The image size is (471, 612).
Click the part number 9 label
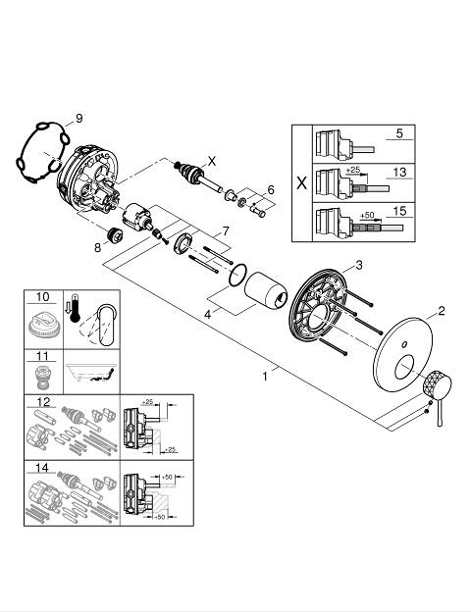79,118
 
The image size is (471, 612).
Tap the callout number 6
271,190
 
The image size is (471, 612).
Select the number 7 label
226,231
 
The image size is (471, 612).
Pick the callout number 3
359,265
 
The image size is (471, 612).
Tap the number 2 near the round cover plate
442,311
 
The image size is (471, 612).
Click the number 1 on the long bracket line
265,377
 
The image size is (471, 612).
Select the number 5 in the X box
399,133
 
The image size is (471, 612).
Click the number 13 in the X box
399,173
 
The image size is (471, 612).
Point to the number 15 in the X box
399,211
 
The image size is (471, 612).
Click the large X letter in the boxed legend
302,182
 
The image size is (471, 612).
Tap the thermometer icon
74,309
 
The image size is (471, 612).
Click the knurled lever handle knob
437,383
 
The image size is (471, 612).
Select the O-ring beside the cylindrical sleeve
237,276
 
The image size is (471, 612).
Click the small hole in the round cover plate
405,345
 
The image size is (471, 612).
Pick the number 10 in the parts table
43,297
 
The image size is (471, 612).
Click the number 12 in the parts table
43,402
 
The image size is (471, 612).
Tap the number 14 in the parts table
41,467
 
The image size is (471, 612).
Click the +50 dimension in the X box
367,215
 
